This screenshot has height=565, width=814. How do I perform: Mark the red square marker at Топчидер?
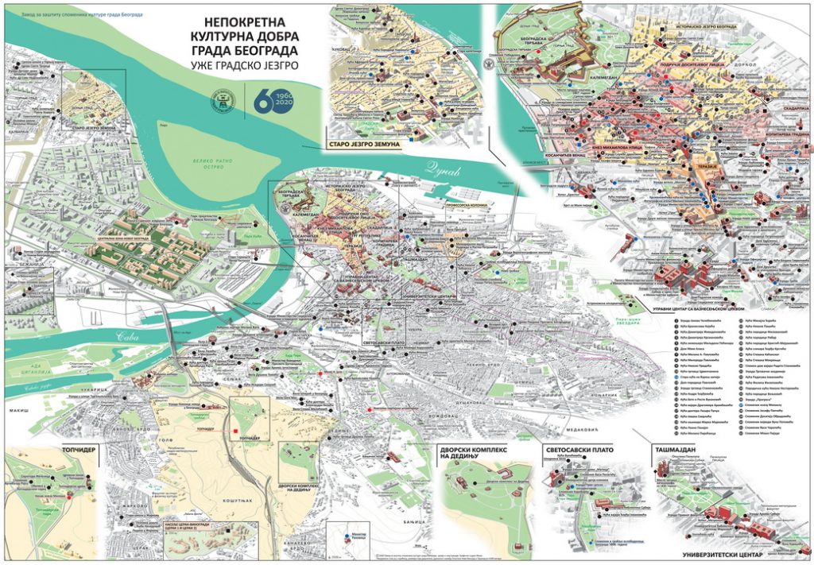pyautogui.click(x=236, y=434)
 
